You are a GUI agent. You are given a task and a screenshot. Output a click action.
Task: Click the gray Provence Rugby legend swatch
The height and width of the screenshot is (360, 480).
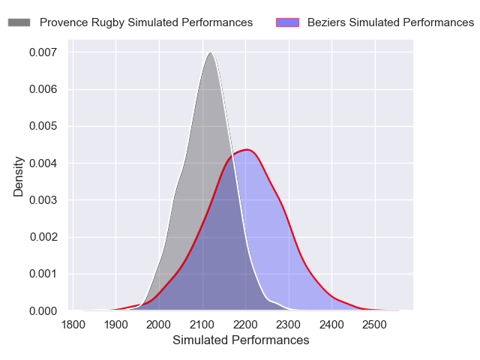point(19,22)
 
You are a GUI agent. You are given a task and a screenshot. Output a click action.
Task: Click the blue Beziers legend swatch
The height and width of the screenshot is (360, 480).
point(287,22)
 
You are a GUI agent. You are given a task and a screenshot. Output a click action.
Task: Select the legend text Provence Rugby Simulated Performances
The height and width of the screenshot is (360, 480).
point(145,22)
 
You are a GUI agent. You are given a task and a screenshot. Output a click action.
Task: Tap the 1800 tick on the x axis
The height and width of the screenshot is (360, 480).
point(73,325)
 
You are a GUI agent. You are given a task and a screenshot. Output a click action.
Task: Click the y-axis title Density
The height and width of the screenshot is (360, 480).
point(19,176)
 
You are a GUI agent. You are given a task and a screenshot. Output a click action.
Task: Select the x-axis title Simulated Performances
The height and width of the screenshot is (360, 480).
point(241,340)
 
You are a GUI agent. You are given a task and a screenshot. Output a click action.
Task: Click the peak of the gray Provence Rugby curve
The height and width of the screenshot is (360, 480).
point(211,52)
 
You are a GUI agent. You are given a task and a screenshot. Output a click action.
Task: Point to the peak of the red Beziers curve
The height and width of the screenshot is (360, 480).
point(247,150)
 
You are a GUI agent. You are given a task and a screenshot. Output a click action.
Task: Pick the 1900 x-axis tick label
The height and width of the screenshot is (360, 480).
point(116,325)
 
